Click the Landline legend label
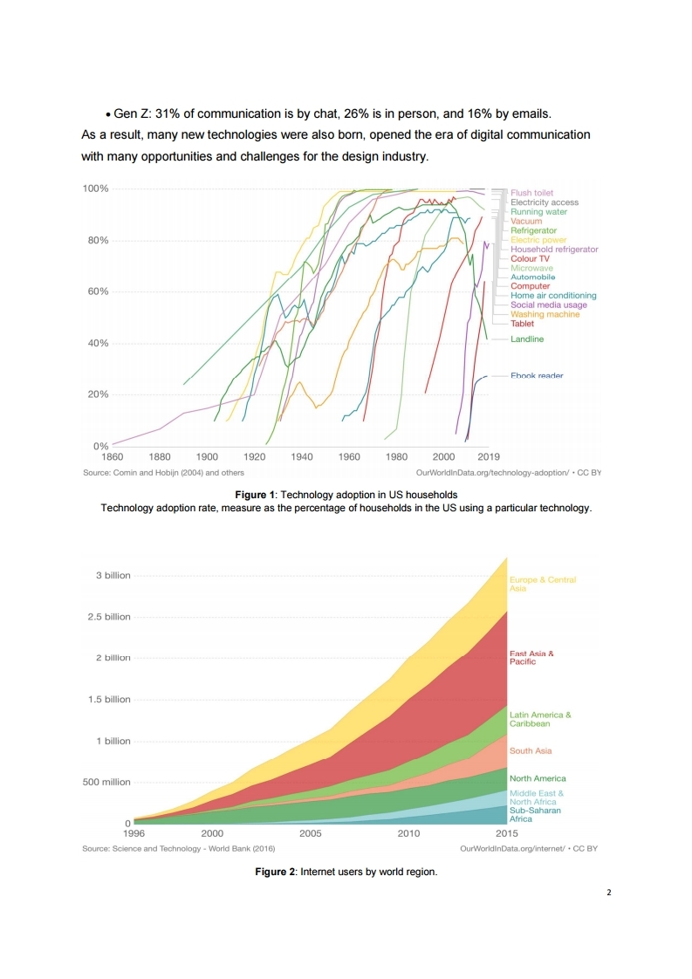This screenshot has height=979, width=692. pos(527,339)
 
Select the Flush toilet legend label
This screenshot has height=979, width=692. pos(531,193)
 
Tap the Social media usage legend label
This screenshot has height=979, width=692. pos(549,305)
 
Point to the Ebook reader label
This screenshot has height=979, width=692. pos(537,376)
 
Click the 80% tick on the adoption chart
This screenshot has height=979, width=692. pos(96,240)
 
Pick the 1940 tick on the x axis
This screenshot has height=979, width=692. pos(301,456)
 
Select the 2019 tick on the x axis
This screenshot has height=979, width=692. pos(489,456)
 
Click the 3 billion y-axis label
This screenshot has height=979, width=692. pos(113,576)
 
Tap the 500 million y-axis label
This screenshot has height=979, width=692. pos(106,783)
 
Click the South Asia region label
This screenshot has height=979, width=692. pos(531,750)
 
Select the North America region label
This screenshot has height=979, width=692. pos(538,778)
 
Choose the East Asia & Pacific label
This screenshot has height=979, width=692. pos(531,657)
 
